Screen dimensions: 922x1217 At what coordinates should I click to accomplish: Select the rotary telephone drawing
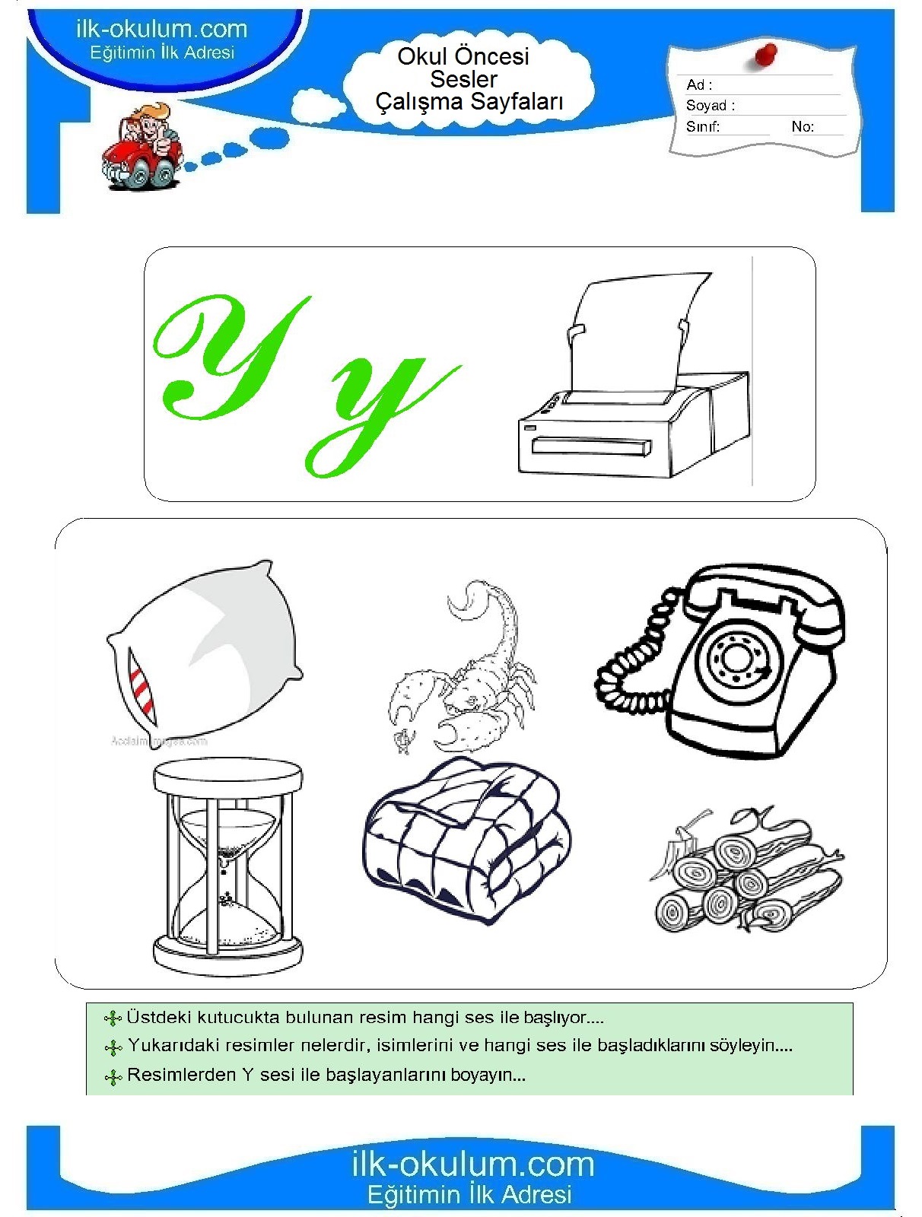coord(720,659)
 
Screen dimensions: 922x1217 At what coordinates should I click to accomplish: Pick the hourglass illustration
coord(228,868)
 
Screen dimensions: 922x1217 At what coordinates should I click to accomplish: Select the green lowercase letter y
coord(383,413)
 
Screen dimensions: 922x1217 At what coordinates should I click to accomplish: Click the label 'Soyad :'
coord(711,105)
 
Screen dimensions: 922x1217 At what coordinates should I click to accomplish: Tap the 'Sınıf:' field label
coord(702,127)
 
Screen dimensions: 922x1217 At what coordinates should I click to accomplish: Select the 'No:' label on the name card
coord(803,127)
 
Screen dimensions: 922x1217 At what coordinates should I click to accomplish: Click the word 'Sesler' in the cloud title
coord(463,79)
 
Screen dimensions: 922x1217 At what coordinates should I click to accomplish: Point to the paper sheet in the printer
coord(637,335)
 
